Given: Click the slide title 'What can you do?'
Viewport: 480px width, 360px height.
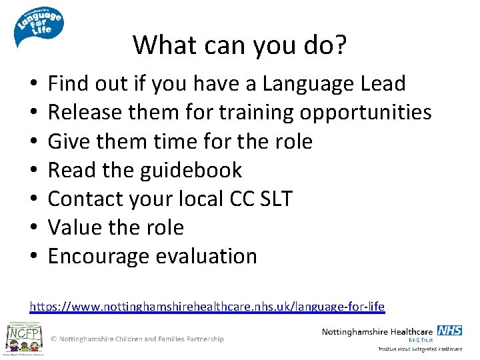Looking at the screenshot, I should (x=240, y=45).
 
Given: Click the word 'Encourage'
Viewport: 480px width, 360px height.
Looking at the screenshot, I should (x=98, y=256).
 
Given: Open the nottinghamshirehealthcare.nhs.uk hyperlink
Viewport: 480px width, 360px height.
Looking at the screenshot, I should (x=207, y=307).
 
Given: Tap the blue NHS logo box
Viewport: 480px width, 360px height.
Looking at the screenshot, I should (x=449, y=330).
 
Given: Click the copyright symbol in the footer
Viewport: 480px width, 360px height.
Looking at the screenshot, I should (x=55, y=339).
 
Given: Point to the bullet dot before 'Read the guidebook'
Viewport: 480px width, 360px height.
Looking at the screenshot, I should (x=33, y=171).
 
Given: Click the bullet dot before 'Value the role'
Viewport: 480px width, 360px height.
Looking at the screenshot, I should (x=33, y=228).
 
